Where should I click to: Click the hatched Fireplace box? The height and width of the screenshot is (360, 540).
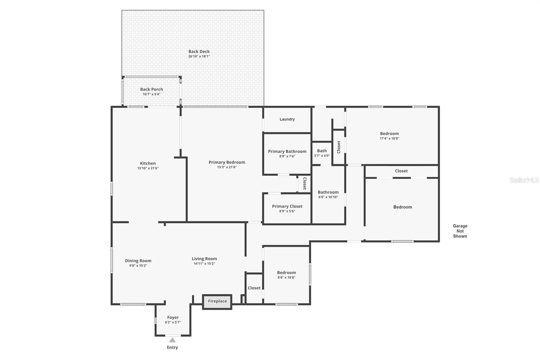coord(217,302)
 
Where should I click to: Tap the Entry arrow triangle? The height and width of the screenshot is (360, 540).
coord(172,340)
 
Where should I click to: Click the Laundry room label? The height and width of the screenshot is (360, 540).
coord(287,119)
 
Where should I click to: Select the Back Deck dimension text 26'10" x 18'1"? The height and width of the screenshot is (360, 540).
coord(199,56)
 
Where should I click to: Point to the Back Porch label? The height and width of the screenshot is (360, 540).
coord(152,89)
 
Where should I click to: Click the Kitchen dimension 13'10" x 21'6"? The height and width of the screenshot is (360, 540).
coord(148,168)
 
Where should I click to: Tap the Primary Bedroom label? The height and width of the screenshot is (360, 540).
coord(227,162)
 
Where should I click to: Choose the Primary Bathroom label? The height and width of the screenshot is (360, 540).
coord(287,151)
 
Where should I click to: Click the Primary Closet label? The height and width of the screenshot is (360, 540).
coord(287,206)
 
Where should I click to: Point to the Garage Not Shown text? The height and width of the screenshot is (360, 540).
coord(460,231)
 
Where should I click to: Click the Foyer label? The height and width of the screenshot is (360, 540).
coord(173,317)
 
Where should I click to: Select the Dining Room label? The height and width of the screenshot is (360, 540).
coord(138,261)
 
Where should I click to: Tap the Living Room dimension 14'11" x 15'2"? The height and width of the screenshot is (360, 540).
coord(204,264)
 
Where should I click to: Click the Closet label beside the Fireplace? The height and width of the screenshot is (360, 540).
coord(254,288)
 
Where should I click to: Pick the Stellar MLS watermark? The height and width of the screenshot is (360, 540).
coord(524,180)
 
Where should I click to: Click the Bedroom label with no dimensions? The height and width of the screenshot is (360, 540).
coord(403,207)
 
